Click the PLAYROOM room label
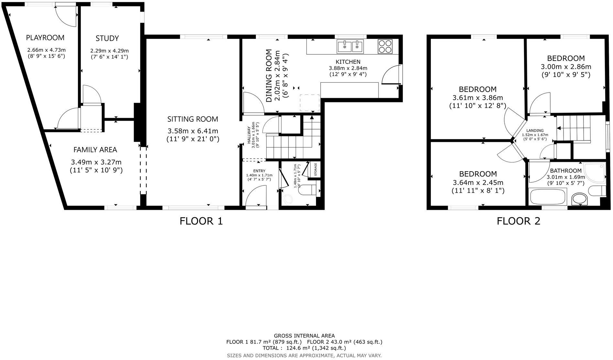tap(45, 38)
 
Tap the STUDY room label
tap(107, 39)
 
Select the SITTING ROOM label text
tap(193, 119)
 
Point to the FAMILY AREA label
tap(95, 150)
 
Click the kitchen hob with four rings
tap(385, 46)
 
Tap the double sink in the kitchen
tap(350, 46)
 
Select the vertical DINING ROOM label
tap(269, 75)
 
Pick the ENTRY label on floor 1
tap(259, 171)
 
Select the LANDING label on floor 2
tap(535, 130)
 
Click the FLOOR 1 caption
tap(201, 221)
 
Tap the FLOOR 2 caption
tap(519, 221)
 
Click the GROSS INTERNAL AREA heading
tap(304, 336)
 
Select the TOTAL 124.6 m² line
tap(304, 348)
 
